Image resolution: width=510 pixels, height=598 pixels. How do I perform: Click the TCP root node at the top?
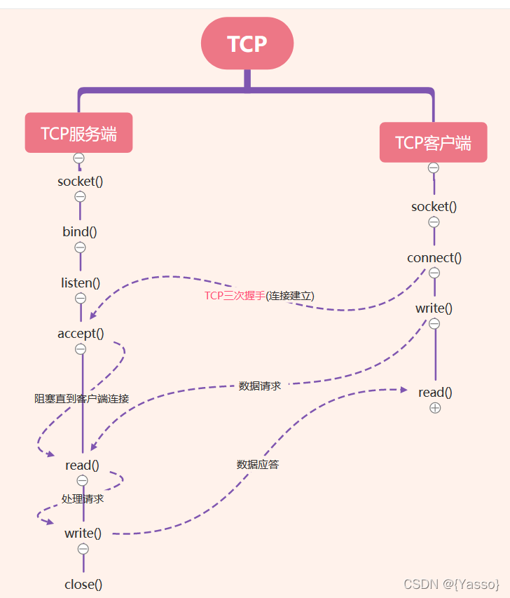(247, 43)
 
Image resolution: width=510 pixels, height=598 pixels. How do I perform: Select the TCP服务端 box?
(78, 133)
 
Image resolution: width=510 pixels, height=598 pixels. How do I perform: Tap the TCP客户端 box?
(433, 142)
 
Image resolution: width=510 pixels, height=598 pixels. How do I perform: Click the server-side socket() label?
(81, 182)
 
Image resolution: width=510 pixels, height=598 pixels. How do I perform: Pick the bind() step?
(80, 232)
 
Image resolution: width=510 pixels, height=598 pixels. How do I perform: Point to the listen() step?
(81, 283)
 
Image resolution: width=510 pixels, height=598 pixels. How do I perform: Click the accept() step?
(81, 334)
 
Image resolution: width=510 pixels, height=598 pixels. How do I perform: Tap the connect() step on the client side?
(434, 257)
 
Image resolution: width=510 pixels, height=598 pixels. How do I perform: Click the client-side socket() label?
(434, 207)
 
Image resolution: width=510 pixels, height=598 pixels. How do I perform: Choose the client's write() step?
(434, 308)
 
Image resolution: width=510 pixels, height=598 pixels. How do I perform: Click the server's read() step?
(82, 465)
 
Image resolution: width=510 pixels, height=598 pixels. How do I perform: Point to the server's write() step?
(83, 534)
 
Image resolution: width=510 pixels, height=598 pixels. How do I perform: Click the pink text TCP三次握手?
(235, 296)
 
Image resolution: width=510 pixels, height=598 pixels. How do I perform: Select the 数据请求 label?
(260, 386)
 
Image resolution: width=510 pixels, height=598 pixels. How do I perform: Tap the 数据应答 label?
(258, 464)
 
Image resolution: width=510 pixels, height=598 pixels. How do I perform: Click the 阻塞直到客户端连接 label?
(82, 398)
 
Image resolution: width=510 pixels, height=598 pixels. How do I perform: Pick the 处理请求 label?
(83, 499)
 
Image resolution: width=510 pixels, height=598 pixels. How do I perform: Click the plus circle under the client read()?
(435, 408)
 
